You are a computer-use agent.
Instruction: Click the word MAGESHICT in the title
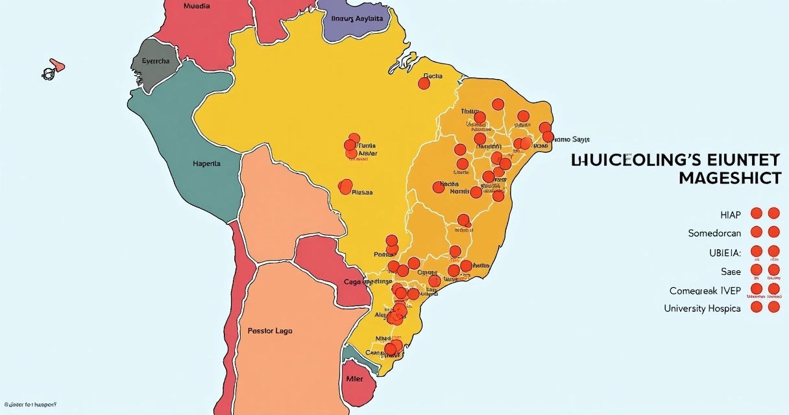click(x=729, y=179)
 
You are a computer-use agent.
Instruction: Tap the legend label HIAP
click(x=729, y=214)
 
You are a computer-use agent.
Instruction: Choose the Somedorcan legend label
click(x=714, y=233)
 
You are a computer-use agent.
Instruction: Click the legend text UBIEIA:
click(x=723, y=252)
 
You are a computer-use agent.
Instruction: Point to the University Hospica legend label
click(x=702, y=309)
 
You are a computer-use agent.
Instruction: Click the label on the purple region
click(x=357, y=19)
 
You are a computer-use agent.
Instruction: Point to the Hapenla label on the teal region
click(x=206, y=164)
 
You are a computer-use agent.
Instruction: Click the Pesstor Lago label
click(x=270, y=331)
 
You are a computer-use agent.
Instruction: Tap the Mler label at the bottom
click(x=354, y=379)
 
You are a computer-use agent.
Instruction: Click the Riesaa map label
click(x=362, y=192)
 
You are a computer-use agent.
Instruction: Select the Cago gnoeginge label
click(x=368, y=282)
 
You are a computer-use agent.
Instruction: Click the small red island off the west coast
click(x=57, y=65)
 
